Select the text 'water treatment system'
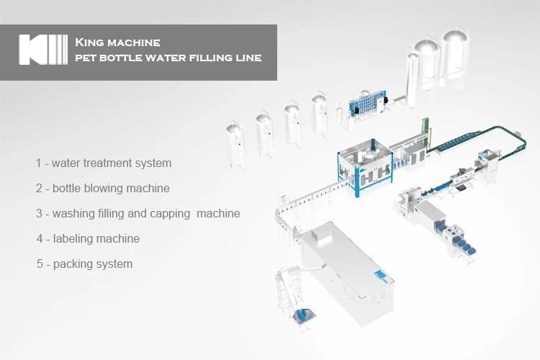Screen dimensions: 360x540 (x=112, y=163)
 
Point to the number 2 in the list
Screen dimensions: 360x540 (x=39, y=189)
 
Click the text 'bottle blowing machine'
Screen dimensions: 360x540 (x=112, y=189)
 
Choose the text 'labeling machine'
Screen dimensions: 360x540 (x=96, y=238)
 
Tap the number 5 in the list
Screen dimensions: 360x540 (x=40, y=264)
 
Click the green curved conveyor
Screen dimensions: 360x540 (x=468, y=137)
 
